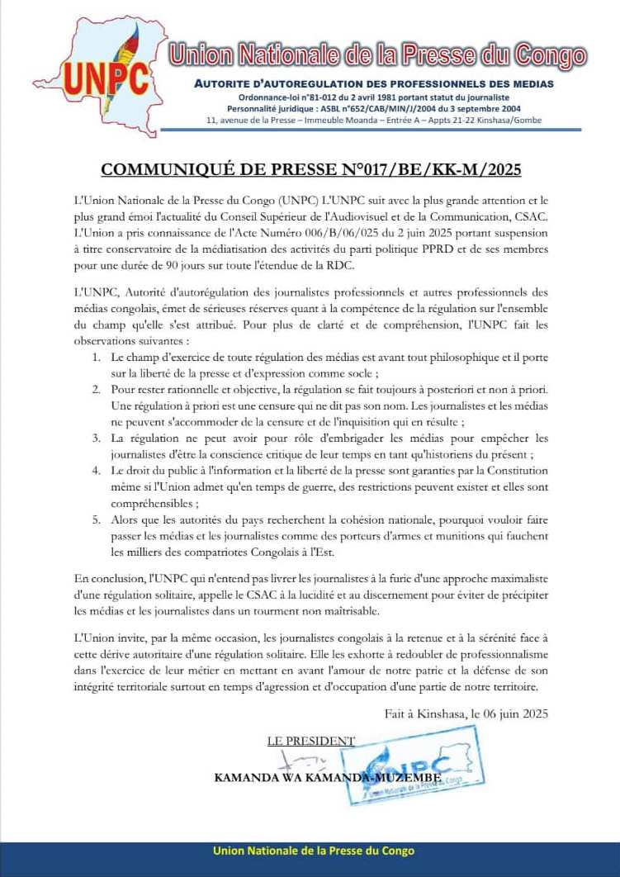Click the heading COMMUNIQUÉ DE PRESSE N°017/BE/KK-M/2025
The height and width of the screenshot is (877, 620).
point(310,170)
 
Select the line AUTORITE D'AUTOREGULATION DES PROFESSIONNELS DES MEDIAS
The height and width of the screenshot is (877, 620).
point(373,84)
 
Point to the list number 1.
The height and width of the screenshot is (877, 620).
point(97,357)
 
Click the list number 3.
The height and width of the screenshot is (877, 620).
point(97,438)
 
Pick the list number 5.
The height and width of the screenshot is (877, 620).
point(97,519)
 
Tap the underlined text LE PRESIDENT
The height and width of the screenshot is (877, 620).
point(310,741)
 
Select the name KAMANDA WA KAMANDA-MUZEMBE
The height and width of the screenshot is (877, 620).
point(330,777)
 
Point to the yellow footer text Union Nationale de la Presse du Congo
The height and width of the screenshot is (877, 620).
point(314,851)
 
